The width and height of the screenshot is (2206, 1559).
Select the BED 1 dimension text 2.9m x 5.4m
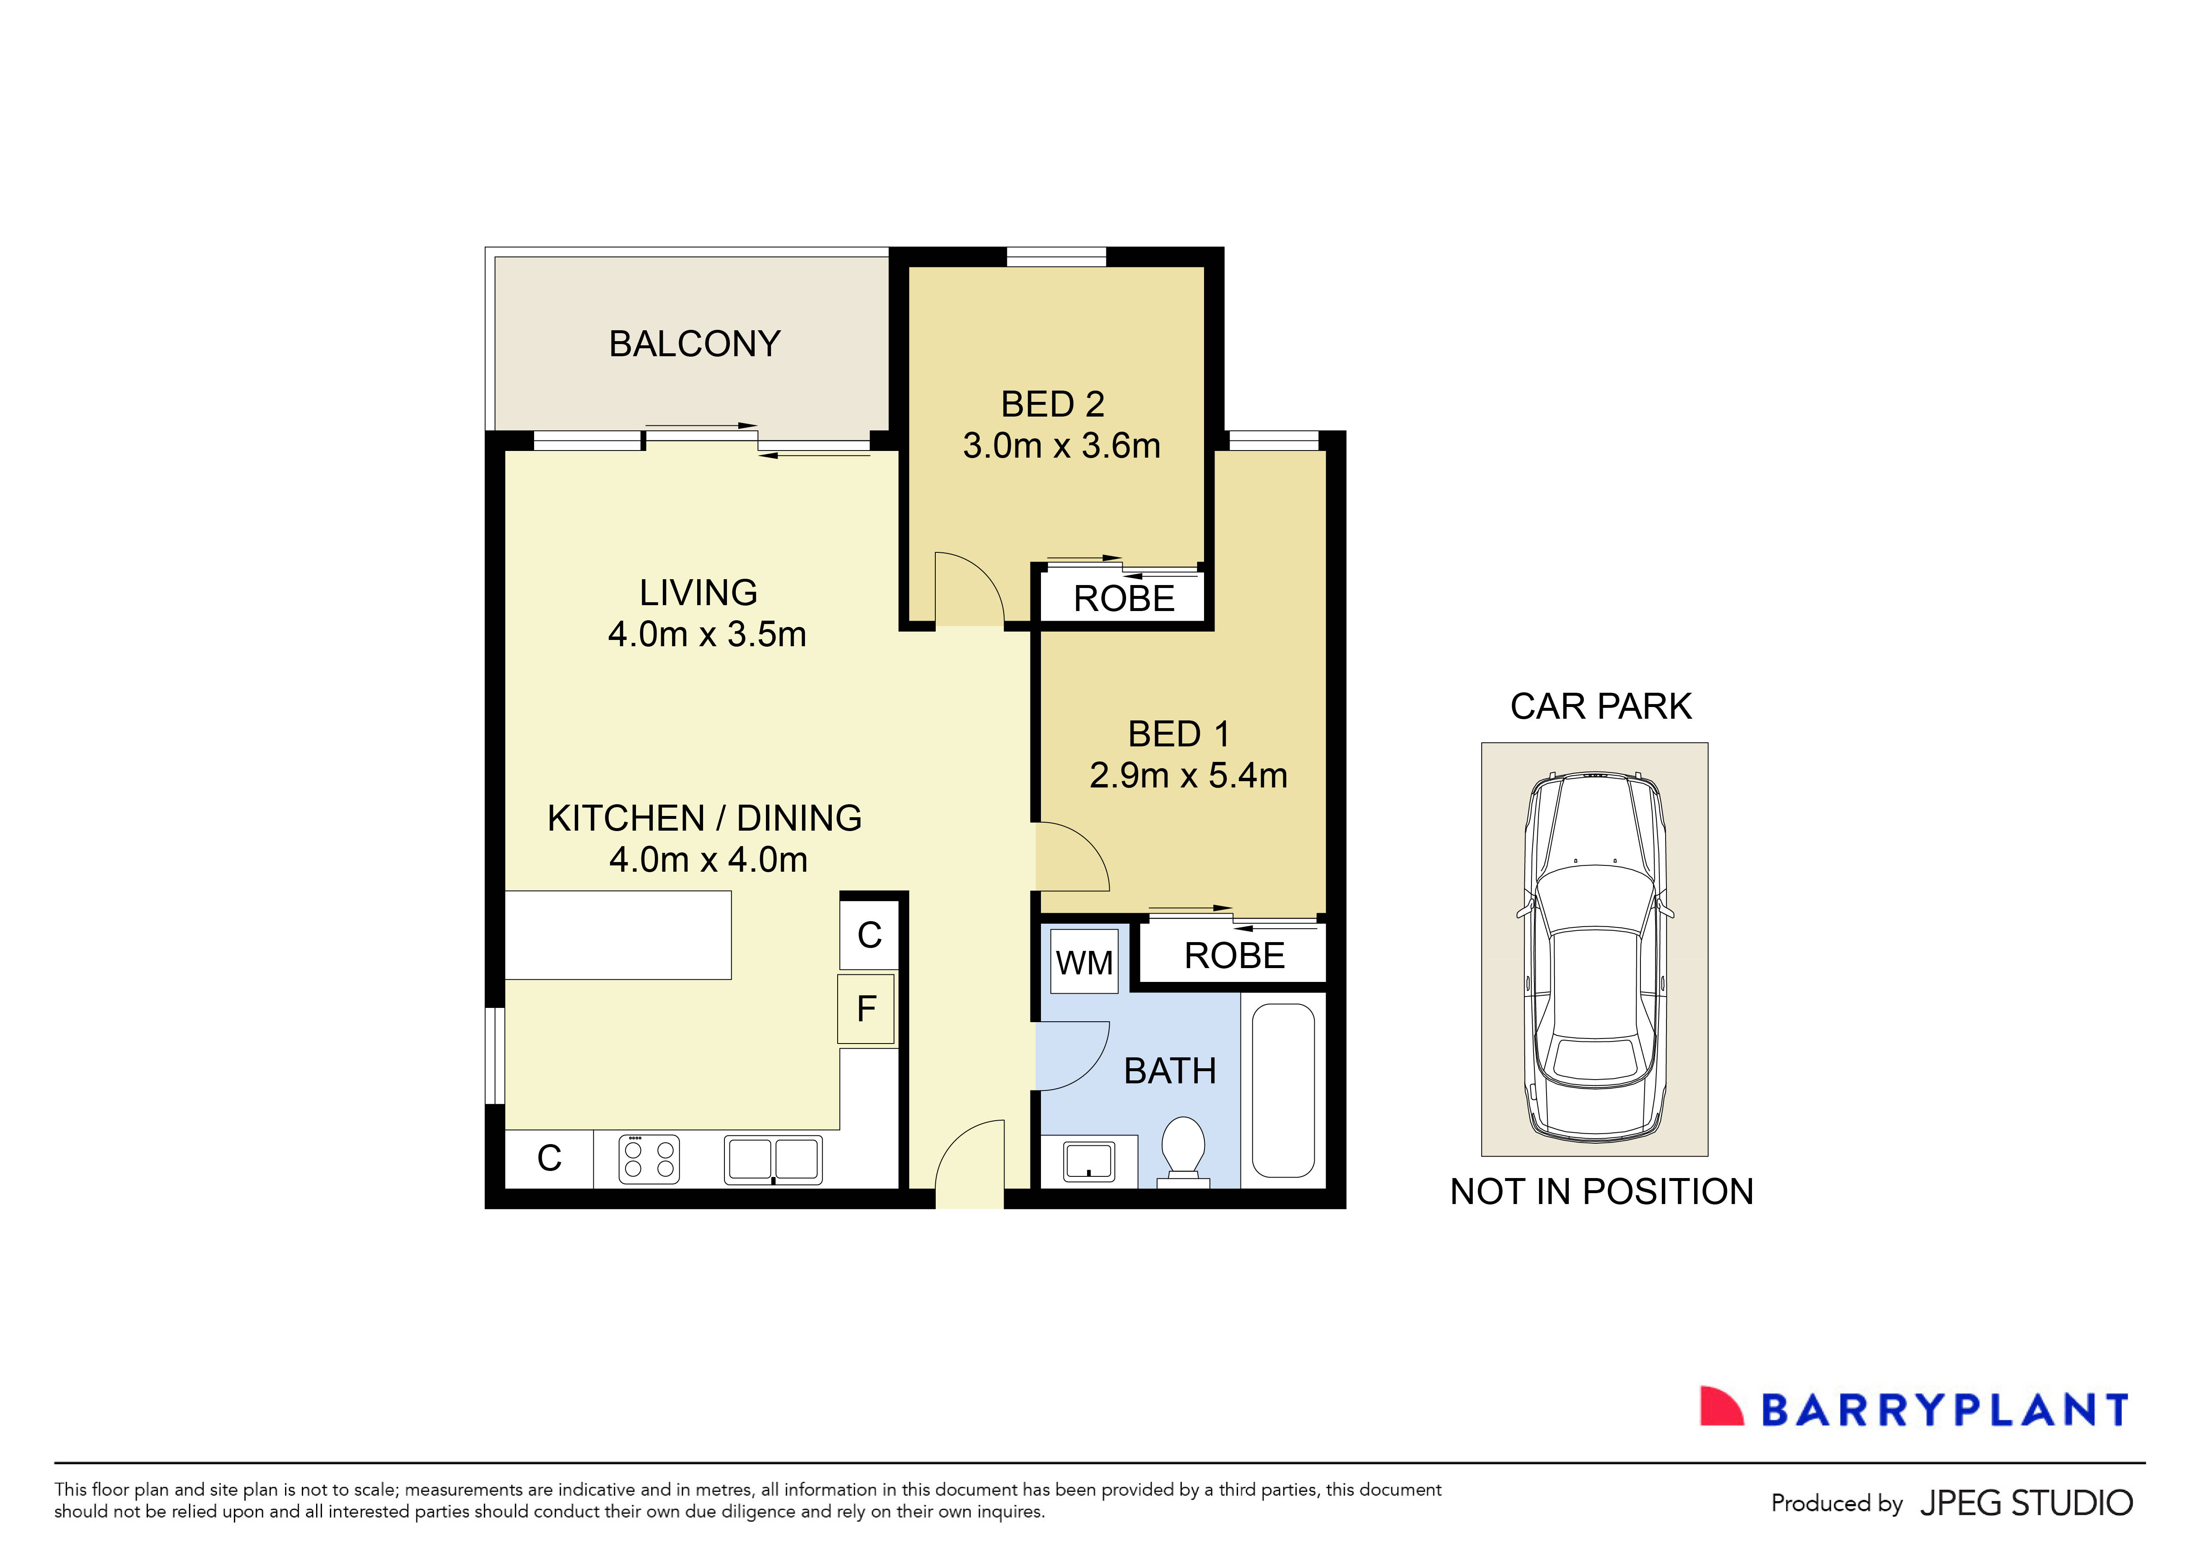pos(1188,775)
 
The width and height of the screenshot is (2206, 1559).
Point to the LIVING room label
pos(698,593)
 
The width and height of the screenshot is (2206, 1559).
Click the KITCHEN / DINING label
pos(704,818)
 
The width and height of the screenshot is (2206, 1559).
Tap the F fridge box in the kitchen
pos(866,1009)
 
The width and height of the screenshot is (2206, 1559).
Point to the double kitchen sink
pos(773,1160)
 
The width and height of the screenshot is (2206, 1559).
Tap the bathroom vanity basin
pos(1089,1161)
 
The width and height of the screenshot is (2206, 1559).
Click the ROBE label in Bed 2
pos(1123,598)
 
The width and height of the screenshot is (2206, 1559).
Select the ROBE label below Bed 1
pos(1234,956)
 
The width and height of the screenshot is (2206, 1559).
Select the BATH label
pos(1169,1071)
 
